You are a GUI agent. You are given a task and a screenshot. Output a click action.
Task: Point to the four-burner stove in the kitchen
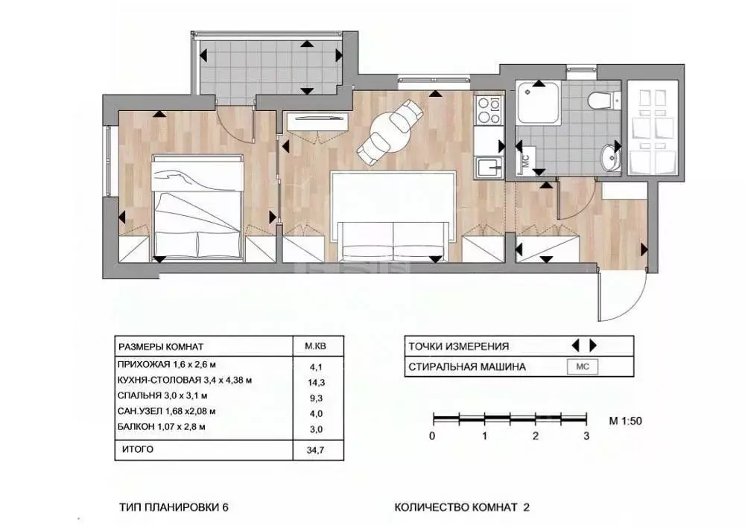tap(489, 109)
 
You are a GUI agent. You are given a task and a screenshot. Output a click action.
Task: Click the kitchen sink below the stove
tap(489, 168)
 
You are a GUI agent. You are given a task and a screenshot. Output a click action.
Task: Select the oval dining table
tap(390, 133)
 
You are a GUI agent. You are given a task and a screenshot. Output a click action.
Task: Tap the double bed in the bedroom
tap(197, 208)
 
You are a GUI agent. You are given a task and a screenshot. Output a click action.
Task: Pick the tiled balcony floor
tap(268, 71)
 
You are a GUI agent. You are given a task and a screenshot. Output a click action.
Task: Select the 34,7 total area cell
tap(315, 450)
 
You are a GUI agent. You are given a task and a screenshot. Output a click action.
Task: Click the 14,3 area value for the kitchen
tap(316, 382)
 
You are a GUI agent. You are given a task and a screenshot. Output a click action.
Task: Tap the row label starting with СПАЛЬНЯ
tap(162, 395)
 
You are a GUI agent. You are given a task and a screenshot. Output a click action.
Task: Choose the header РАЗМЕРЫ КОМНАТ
tap(161, 346)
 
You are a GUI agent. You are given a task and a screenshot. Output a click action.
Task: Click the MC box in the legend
tap(582, 366)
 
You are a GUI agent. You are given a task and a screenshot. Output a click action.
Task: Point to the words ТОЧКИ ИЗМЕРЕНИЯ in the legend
tap(458, 346)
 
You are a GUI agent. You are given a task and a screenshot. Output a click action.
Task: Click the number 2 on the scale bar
tap(536, 436)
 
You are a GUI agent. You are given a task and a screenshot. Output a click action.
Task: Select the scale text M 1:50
tap(625, 421)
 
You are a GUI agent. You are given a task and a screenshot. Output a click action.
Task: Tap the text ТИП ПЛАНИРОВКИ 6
tap(174, 507)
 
